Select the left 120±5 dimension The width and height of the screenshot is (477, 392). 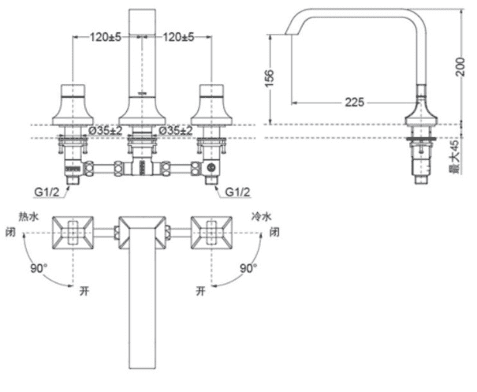point(108,35)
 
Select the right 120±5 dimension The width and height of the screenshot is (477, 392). point(179,35)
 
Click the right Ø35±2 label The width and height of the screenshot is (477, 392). point(177,129)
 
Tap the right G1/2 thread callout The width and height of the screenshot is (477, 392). point(237,192)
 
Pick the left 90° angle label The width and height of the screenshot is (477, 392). point(39,268)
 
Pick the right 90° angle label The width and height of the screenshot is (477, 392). point(248,268)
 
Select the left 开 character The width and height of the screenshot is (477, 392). point(84,292)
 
